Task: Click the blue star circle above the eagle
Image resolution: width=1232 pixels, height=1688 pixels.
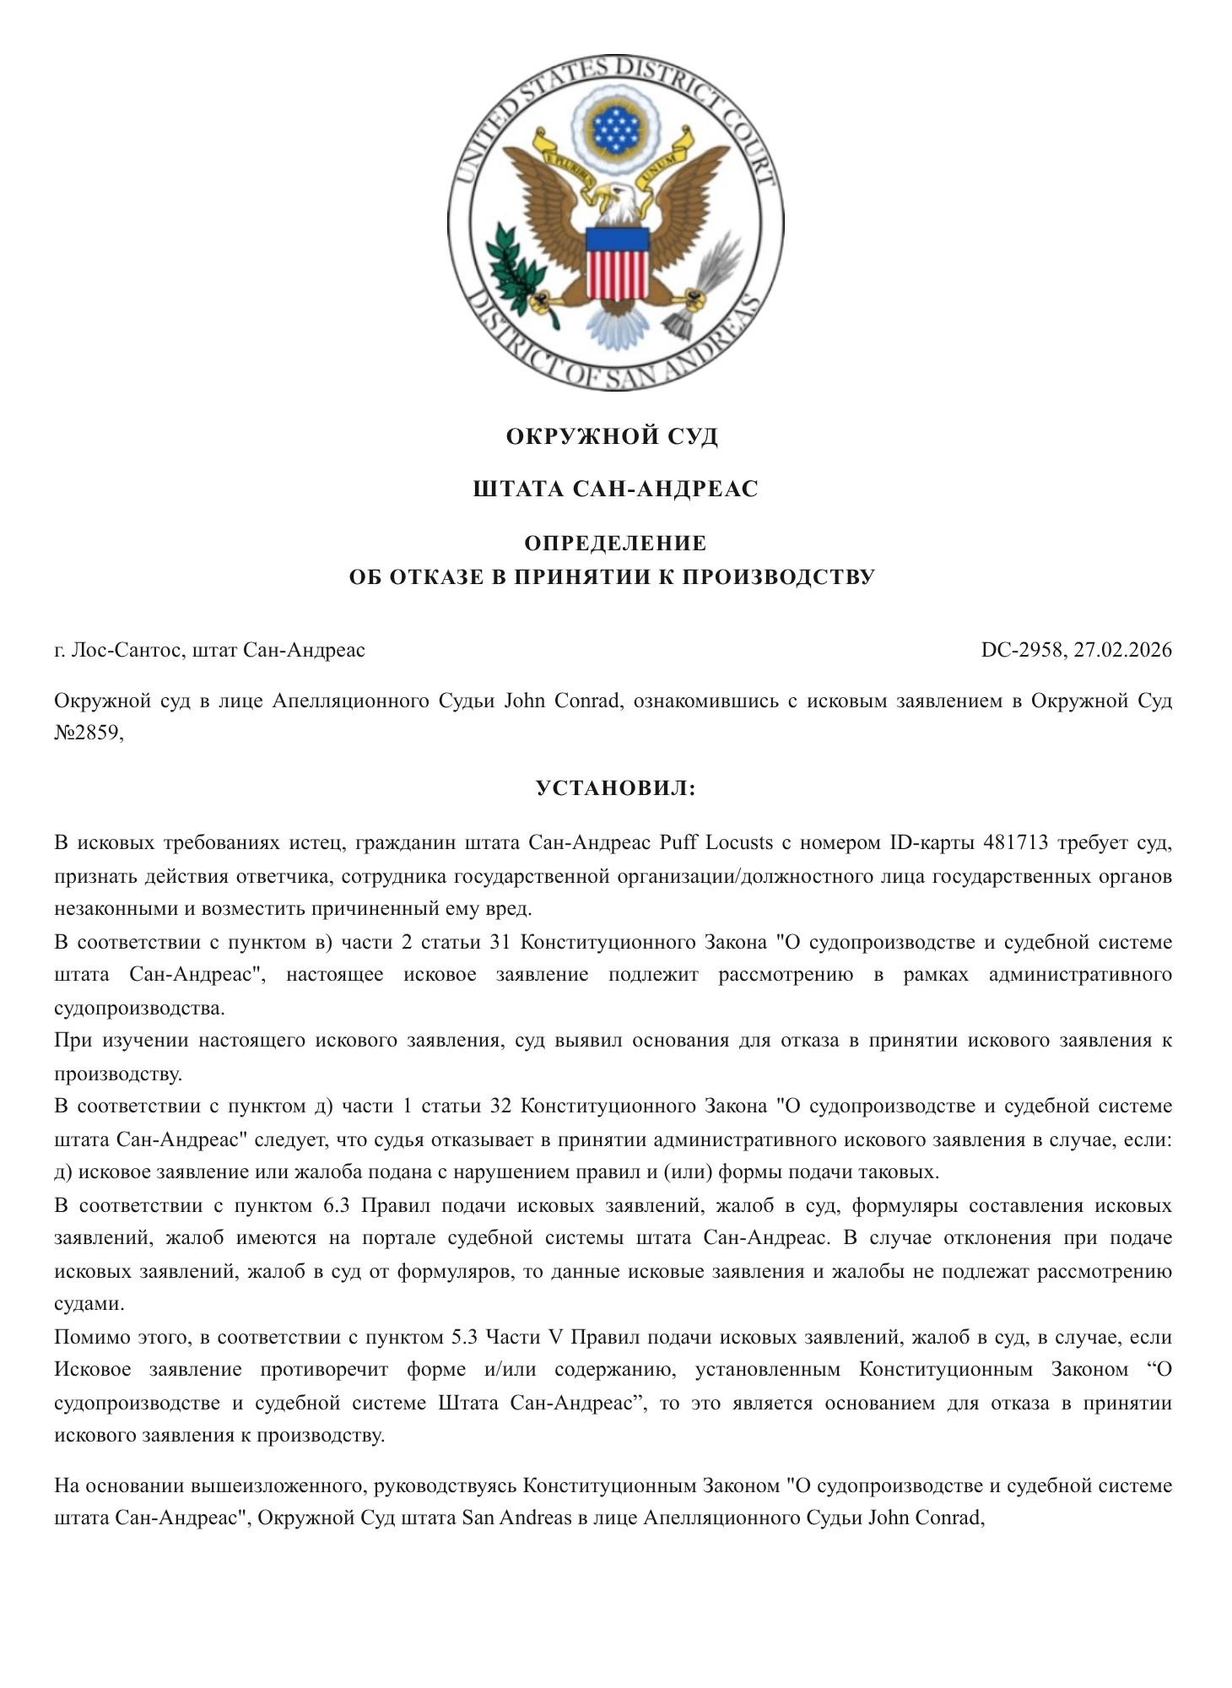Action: click(x=616, y=127)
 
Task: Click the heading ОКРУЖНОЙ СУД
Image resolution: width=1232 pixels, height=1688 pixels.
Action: click(x=612, y=436)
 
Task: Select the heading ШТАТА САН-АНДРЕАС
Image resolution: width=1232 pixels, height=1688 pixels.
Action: click(x=615, y=489)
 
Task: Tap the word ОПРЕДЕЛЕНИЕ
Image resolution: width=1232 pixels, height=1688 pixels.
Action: click(x=615, y=542)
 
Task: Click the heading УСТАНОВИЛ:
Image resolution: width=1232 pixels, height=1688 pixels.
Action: click(x=615, y=788)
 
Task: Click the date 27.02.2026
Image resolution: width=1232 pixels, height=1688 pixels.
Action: click(x=1123, y=650)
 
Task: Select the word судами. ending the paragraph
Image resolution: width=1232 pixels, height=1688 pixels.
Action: click(x=89, y=1303)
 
